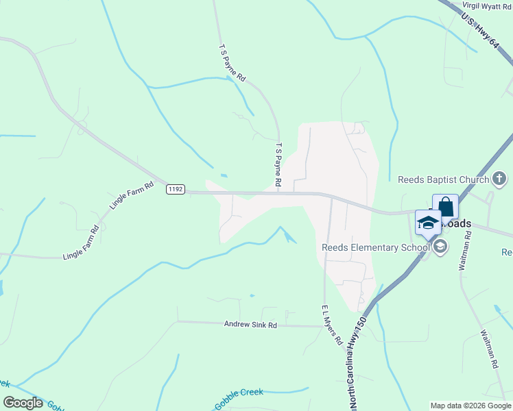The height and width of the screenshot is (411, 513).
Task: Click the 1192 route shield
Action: [176, 190]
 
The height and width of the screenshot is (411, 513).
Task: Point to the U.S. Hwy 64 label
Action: [479, 31]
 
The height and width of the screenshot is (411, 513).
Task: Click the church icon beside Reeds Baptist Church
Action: [500, 180]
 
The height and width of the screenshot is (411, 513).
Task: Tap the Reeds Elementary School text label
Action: [376, 247]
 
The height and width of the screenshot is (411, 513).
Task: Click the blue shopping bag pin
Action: [445, 206]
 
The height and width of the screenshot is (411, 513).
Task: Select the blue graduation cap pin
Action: [429, 223]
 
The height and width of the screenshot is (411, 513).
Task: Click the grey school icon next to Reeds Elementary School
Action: [440, 247]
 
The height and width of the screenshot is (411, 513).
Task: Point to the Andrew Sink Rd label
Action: [250, 325]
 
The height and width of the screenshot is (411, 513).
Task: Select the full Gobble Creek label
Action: [239, 397]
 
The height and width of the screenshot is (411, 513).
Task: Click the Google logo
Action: [23, 403]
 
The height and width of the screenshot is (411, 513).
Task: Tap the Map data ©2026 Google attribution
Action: [470, 406]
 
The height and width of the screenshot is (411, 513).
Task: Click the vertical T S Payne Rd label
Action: [278, 165]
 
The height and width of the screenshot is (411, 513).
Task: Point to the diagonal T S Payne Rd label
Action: [232, 64]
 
